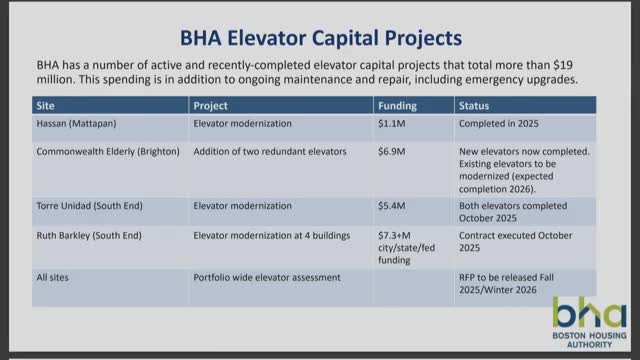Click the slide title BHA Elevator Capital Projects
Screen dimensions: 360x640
(320, 38)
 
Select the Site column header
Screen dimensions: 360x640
(46, 104)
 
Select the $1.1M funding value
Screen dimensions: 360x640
(392, 126)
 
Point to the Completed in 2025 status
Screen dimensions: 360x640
(505, 126)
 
